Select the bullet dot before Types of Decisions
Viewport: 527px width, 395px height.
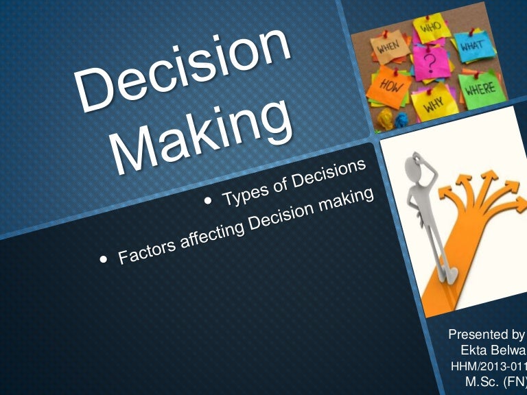210,201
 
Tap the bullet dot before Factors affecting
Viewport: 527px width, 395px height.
104,260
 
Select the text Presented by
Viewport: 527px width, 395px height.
486,335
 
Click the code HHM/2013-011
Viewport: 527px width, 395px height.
487,365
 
